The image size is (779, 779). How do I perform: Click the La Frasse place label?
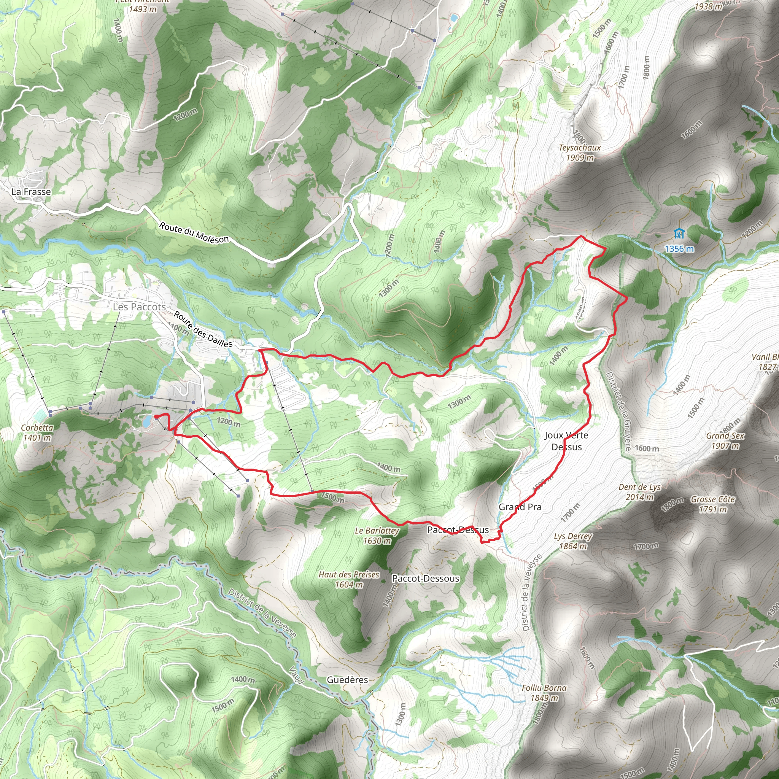click(31, 192)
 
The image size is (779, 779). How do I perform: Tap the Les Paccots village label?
click(139, 307)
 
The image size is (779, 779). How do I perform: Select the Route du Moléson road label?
click(194, 233)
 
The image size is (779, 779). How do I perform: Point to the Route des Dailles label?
click(203, 329)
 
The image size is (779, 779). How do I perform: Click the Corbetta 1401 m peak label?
click(37, 432)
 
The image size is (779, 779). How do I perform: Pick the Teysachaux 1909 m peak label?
click(579, 153)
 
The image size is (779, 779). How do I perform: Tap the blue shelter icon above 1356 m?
click(679, 234)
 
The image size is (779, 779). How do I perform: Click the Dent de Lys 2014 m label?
click(639, 492)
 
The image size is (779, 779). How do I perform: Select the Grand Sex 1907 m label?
click(725, 440)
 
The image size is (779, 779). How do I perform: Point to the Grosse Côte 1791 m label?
click(713, 504)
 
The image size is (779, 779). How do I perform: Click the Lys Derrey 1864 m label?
click(573, 541)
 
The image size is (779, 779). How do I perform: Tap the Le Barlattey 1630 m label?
click(377, 536)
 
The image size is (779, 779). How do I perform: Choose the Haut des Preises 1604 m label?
click(349, 579)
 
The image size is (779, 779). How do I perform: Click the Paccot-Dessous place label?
click(425, 579)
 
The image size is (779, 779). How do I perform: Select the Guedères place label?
click(347, 680)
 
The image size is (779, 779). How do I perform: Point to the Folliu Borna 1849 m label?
click(544, 693)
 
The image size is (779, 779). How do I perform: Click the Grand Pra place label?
click(520, 507)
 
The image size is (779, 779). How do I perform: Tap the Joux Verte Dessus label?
click(566, 441)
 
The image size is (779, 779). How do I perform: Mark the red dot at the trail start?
click(156, 417)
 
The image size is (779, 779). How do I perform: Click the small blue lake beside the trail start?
click(147, 421)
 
